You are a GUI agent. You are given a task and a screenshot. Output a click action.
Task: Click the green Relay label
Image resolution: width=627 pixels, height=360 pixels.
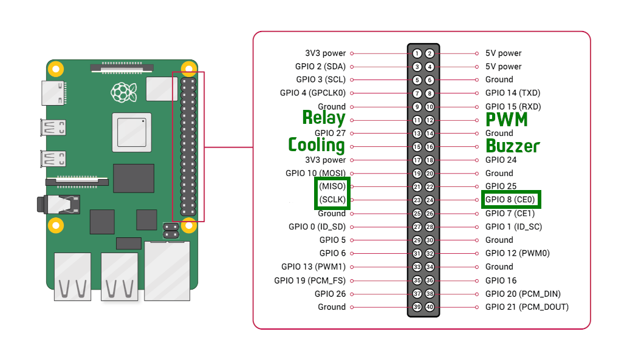[324, 118]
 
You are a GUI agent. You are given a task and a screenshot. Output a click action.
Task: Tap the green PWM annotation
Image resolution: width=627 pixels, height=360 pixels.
[507, 120]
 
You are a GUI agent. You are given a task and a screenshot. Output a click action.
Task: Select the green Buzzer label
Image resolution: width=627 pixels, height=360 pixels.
[513, 146]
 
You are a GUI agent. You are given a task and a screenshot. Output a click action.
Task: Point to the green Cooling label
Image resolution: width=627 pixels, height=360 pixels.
[317, 145]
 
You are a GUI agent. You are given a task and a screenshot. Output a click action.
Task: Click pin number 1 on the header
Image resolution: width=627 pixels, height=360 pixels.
[417, 53]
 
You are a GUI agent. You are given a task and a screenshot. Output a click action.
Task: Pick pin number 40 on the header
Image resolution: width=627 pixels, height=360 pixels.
[430, 307]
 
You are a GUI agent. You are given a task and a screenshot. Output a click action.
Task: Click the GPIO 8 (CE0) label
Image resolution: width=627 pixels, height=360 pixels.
[511, 200]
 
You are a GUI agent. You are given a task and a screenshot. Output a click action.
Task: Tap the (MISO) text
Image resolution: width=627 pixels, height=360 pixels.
[332, 186]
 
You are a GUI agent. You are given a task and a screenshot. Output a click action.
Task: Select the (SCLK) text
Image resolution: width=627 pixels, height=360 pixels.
[332, 200]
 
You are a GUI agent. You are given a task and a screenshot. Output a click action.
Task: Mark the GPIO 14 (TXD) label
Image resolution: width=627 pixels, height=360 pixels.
[513, 93]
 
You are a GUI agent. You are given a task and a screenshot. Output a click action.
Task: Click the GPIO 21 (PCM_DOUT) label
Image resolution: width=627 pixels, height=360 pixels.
[527, 307]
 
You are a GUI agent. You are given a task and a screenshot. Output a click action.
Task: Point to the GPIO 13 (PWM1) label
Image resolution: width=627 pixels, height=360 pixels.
[313, 267]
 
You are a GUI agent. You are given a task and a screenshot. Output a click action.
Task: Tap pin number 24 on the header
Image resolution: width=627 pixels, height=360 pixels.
[430, 200]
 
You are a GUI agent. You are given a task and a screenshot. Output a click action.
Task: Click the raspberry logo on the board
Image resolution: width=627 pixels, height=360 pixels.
[123, 92]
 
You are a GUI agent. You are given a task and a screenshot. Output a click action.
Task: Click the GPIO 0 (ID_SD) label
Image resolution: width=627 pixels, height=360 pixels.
[317, 226]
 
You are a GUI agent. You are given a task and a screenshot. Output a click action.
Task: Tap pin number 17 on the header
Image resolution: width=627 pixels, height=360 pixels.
[417, 160]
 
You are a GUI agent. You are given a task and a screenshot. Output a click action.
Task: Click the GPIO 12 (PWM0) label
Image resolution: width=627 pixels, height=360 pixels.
[517, 253]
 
